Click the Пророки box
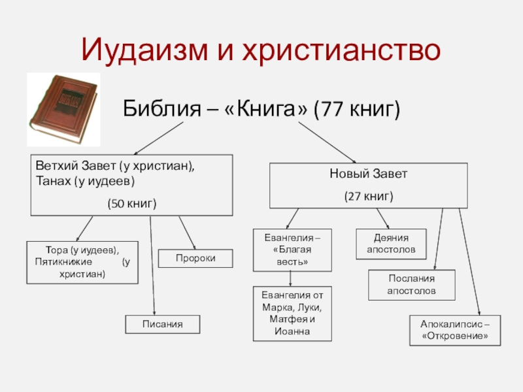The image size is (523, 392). point(195,259)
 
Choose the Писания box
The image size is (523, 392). point(162,324)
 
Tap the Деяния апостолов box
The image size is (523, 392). point(390,244)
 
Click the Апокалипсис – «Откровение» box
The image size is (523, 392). point(455,330)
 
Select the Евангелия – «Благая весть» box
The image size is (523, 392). point(292,250)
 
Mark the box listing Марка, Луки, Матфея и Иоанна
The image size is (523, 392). point(292,314)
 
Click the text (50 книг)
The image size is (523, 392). point(132,204)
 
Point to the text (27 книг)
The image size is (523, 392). point(369,195)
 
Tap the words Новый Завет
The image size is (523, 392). point(369,175)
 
